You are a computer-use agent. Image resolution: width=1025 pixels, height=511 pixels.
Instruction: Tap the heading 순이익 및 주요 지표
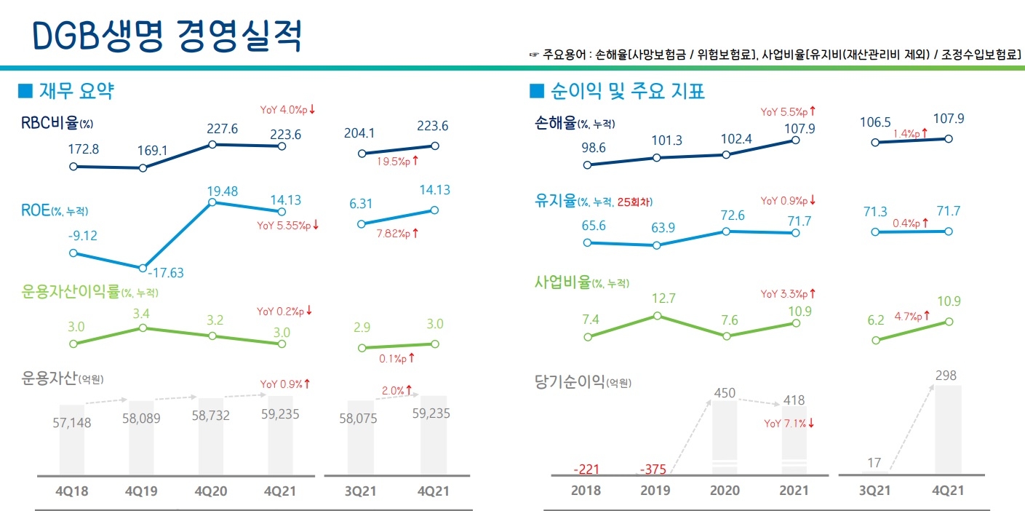click(626, 91)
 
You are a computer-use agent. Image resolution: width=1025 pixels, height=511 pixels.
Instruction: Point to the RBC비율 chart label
click(57, 122)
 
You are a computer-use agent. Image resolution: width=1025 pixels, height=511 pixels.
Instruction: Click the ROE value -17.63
click(166, 273)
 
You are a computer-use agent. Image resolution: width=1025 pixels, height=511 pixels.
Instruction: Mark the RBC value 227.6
click(212, 128)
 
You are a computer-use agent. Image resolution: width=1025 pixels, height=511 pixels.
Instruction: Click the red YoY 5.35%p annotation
click(289, 226)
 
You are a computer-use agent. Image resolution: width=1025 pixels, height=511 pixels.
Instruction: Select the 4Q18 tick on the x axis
click(71, 491)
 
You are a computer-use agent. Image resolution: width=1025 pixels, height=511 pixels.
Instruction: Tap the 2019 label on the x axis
click(655, 491)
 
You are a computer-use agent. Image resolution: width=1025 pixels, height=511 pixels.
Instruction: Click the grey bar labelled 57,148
click(71, 440)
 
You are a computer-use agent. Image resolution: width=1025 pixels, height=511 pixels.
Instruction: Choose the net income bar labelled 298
click(946, 429)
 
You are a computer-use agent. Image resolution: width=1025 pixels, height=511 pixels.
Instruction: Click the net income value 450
click(725, 393)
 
